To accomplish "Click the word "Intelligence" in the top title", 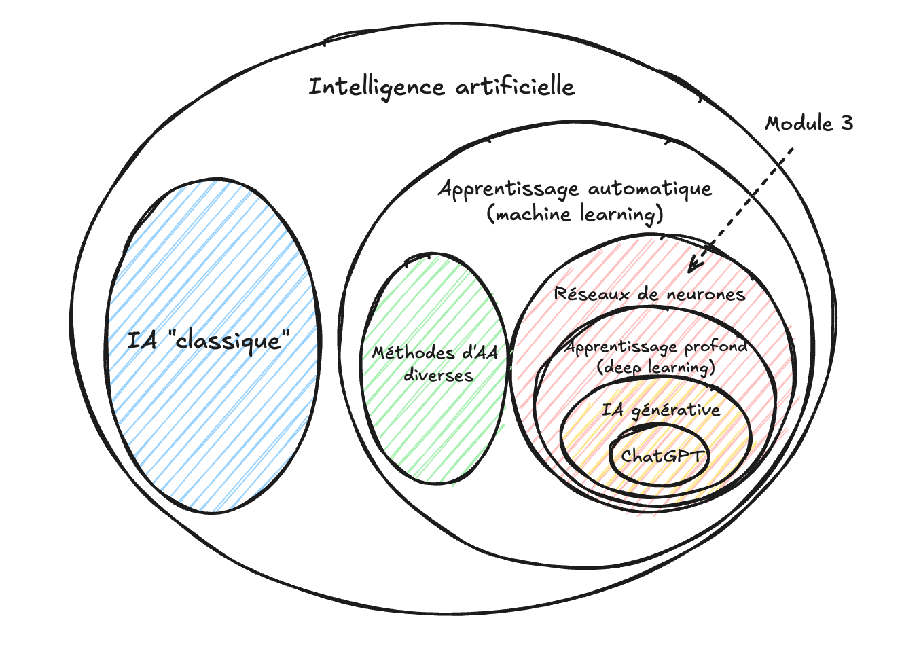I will click(x=377, y=88).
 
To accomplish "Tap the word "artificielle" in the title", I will click(x=515, y=86).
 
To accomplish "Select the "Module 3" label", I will click(x=808, y=124).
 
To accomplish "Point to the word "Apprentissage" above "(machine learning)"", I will click(x=508, y=189).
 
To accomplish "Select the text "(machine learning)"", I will click(x=575, y=215).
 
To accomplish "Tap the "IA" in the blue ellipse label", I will click(x=142, y=340).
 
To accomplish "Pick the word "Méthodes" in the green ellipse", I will click(x=413, y=353).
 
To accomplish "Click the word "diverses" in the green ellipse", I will click(x=438, y=375).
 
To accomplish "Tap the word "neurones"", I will click(x=706, y=295).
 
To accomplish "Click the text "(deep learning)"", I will click(x=655, y=367).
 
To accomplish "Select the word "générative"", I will click(x=675, y=410).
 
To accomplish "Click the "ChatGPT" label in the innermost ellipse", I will click(x=662, y=456).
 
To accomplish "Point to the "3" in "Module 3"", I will click(x=846, y=124).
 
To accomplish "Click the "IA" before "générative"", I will click(x=613, y=410).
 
